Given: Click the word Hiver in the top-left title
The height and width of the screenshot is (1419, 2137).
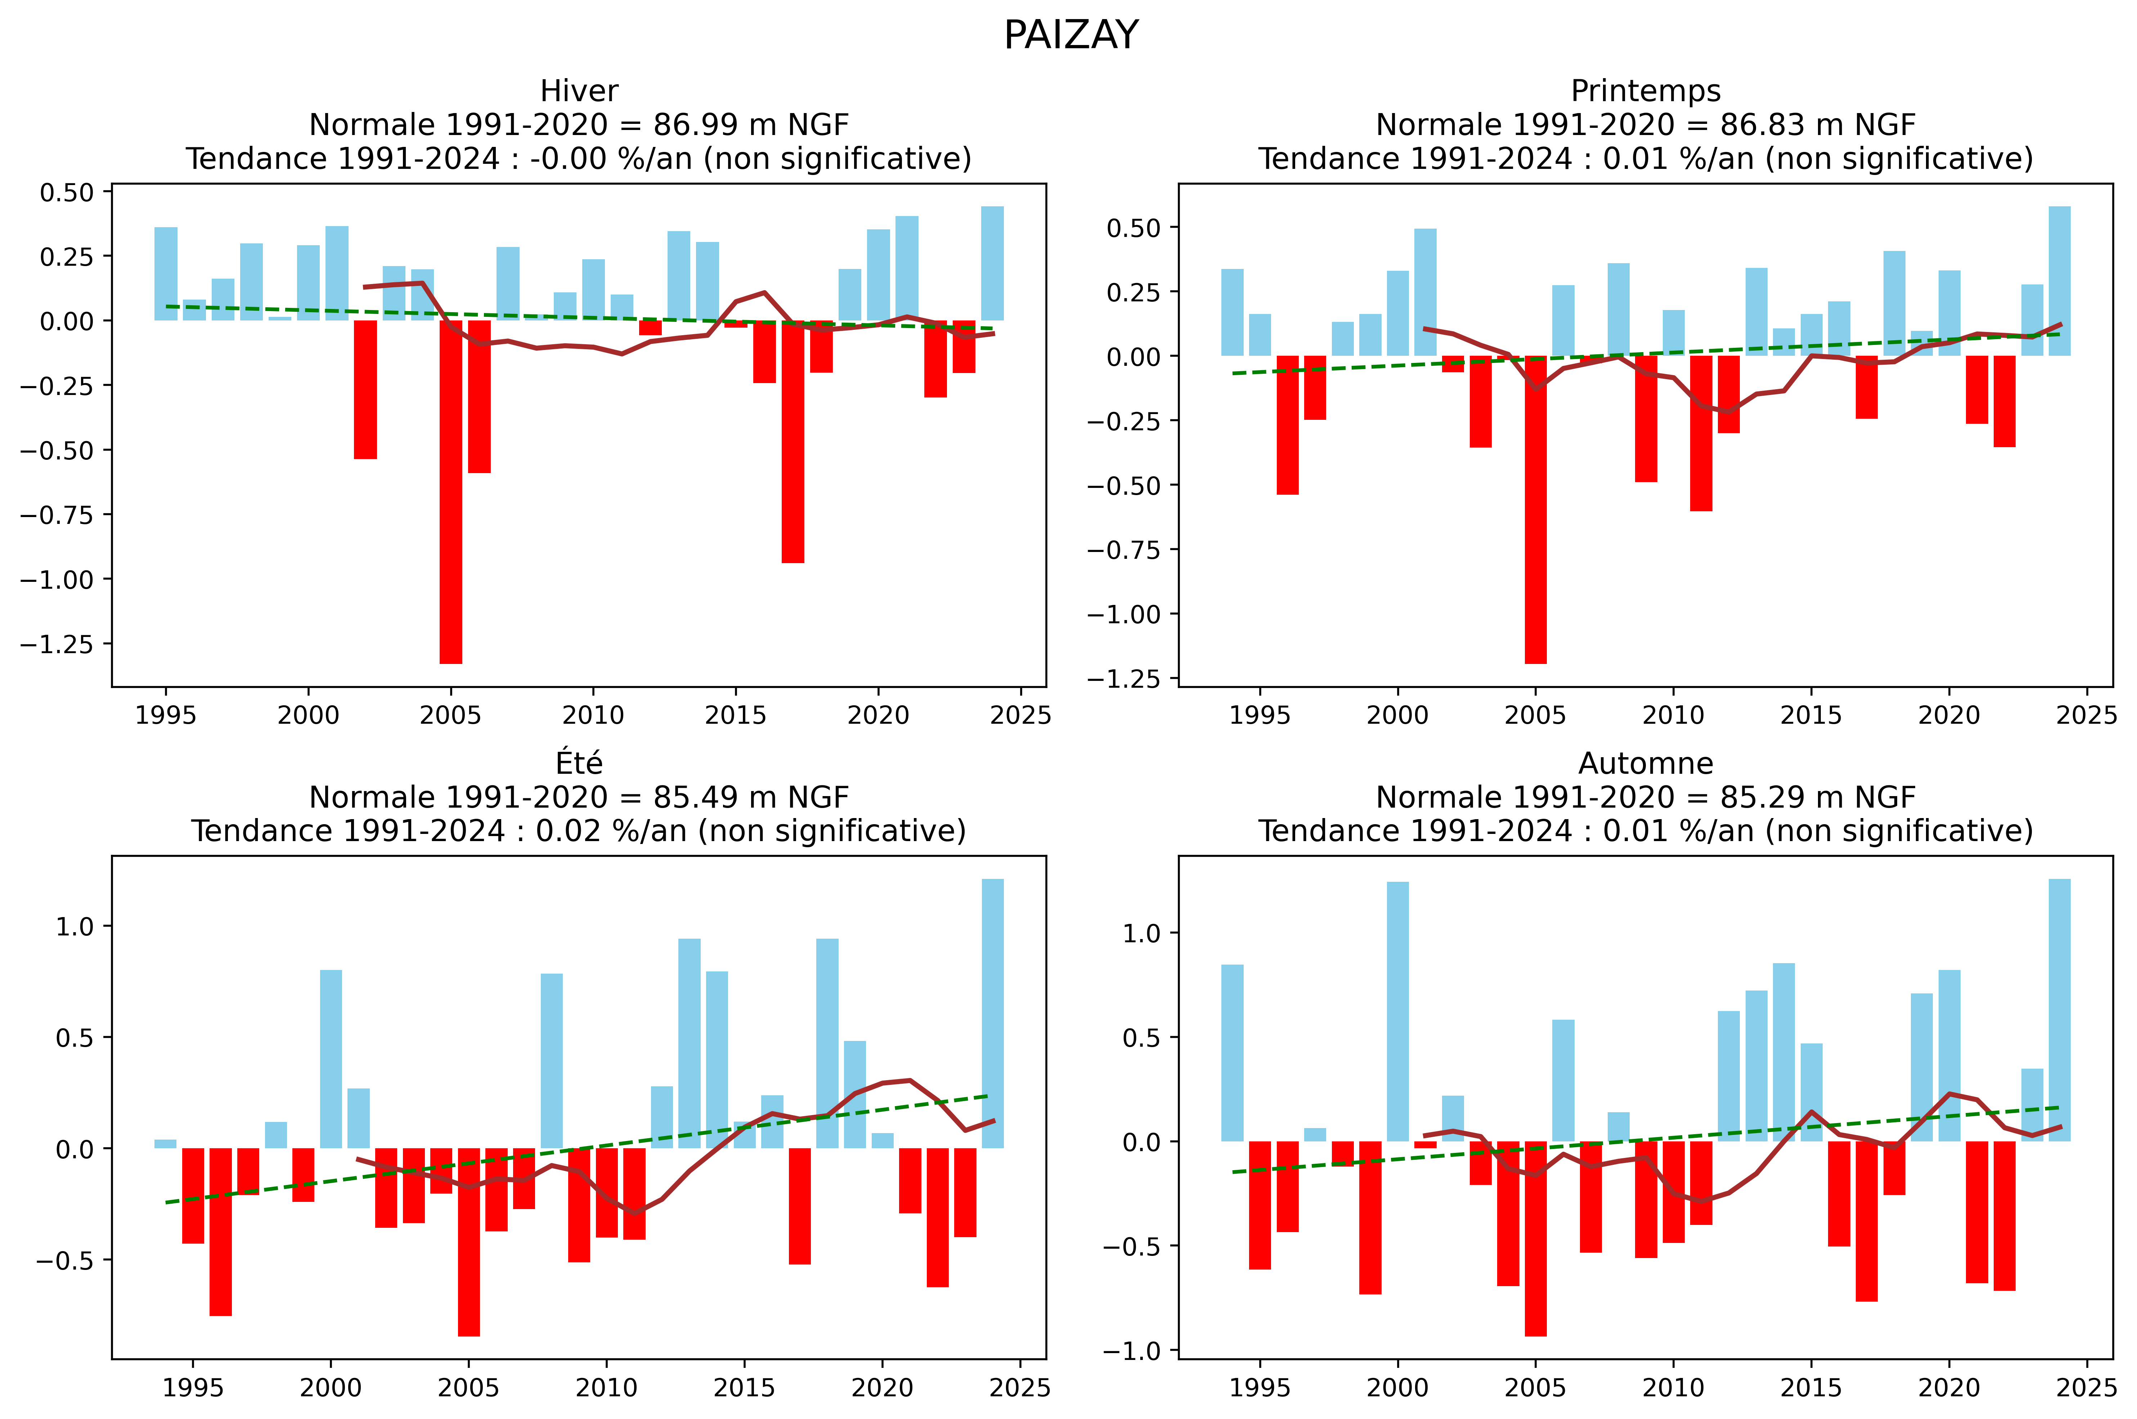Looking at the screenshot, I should [579, 91].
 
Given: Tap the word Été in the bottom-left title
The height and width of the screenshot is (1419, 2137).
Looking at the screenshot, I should [579, 764].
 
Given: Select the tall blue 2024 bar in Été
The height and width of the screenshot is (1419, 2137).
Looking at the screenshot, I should [992, 1014].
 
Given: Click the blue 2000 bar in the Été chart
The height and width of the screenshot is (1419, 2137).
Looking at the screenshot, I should [331, 1059].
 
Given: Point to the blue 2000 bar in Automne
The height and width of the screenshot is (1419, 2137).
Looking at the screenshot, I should [1398, 1012].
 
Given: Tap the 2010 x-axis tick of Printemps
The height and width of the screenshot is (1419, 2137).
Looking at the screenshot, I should [1673, 715].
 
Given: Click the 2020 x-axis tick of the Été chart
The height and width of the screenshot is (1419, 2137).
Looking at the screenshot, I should [882, 1387].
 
